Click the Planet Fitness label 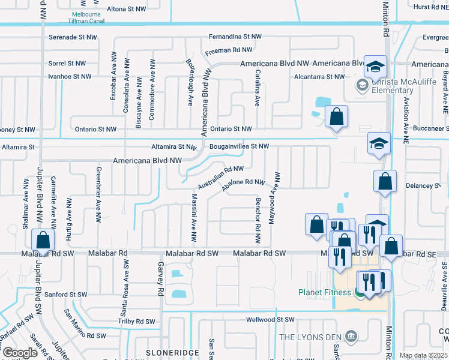(325, 292)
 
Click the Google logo (19, 352)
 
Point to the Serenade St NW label (74, 37)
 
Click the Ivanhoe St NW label (70, 76)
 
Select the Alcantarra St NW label (319, 77)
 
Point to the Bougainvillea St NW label (239, 146)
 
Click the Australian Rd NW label (221, 178)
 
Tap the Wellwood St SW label (271, 320)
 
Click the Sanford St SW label (66, 295)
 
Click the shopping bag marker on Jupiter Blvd (43, 240)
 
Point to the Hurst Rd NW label (430, 7)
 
